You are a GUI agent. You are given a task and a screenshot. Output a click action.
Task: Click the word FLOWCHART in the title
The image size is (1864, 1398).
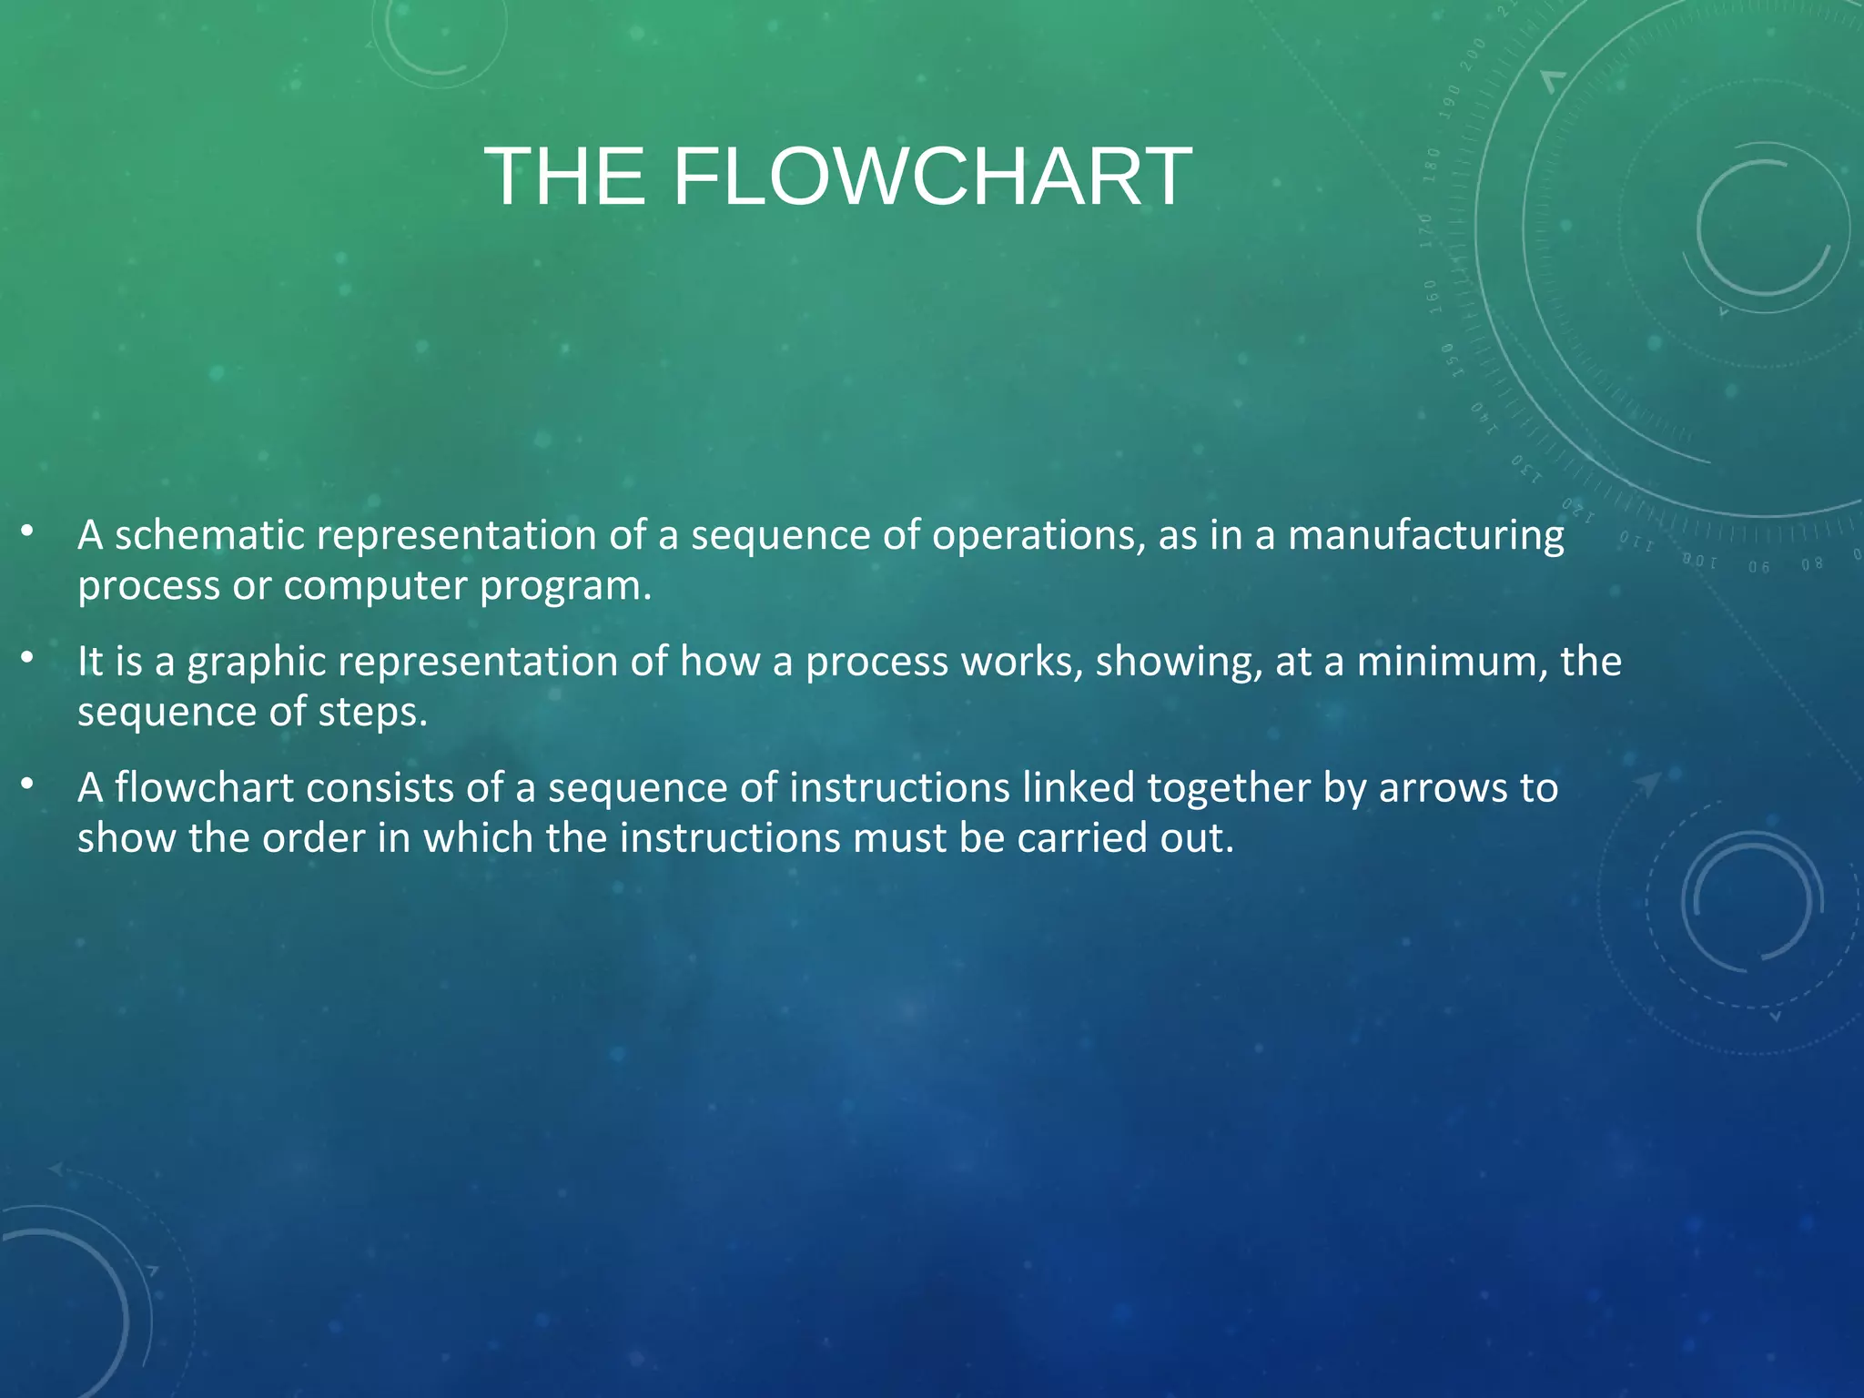[x=932, y=177]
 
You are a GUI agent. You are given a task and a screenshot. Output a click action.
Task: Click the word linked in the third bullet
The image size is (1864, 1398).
[x=1078, y=788]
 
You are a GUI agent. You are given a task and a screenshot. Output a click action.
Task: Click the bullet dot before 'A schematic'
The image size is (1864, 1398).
[x=27, y=530]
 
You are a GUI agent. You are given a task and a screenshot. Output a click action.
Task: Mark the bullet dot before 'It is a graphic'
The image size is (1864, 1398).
[x=27, y=656]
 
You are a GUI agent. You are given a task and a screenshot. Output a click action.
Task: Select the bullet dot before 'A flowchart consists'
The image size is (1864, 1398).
[x=27, y=783]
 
